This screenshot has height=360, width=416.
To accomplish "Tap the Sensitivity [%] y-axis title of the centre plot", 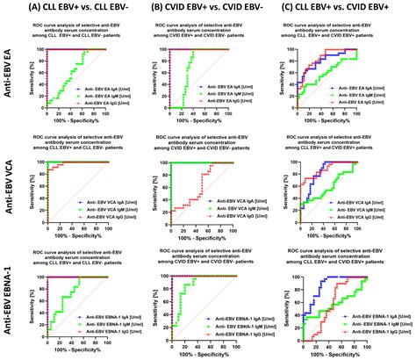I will click(x=155, y=186).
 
